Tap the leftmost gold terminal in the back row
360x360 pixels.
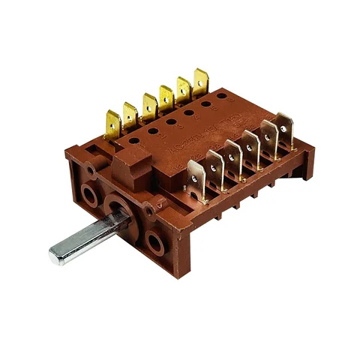pos(113,124)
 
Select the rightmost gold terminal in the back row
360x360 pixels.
pos(200,80)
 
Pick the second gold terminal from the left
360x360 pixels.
pos(130,115)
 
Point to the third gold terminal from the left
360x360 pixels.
pos(148,105)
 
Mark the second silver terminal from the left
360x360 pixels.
pos(215,166)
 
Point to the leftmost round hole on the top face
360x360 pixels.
pos(136,138)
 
